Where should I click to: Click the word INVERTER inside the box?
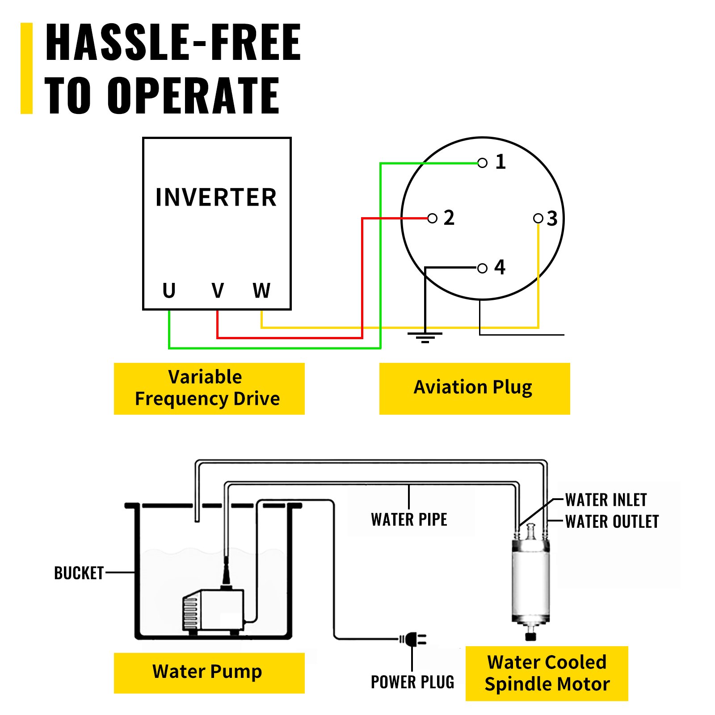(216, 198)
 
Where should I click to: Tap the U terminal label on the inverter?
(169, 291)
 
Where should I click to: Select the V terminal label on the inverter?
(218, 291)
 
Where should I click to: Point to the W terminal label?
(261, 291)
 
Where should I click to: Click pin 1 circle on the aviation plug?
(482, 163)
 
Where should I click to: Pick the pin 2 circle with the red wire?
(432, 219)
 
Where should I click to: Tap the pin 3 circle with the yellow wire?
(538, 219)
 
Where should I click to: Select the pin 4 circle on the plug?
(482, 269)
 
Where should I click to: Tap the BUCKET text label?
(79, 573)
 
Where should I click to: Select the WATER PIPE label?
(409, 520)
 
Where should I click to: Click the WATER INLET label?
(606, 500)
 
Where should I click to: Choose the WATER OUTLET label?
(612, 522)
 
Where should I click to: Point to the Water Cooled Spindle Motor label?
(547, 673)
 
